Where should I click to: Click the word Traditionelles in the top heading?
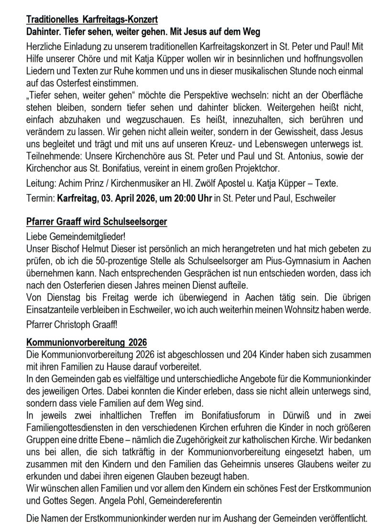[52, 20]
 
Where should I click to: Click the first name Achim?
[65, 184]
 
